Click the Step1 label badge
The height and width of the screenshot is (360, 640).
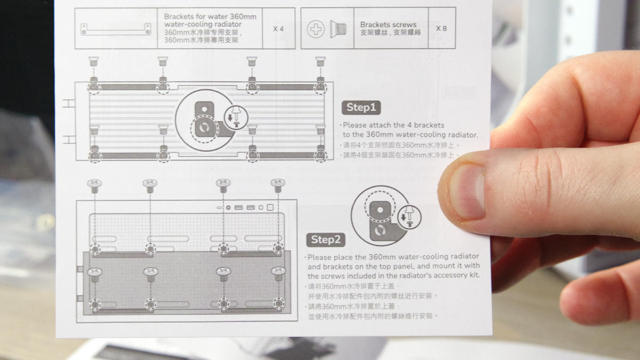tap(361, 107)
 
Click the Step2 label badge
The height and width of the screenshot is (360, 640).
tap(326, 239)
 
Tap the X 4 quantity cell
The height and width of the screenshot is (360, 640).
tap(278, 29)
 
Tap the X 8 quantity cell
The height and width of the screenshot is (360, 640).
tap(442, 28)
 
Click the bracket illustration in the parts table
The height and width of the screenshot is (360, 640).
tap(116, 29)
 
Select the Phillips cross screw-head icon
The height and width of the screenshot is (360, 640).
tap(316, 29)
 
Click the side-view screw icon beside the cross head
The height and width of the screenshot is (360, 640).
tap(338, 29)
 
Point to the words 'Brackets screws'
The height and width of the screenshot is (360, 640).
tap(388, 25)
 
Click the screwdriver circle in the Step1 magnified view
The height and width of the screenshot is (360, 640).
tap(236, 117)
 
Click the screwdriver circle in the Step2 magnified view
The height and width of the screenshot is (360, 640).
tap(409, 217)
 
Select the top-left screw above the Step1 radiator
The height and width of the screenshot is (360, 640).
tap(93, 61)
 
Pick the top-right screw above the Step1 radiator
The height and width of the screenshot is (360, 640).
tap(321, 61)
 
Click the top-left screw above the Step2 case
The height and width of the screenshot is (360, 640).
tap(94, 186)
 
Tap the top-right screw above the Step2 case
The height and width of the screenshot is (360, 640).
tap(278, 186)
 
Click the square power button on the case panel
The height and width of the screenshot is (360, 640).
tap(270, 207)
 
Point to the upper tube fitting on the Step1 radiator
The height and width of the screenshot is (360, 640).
tap(69, 103)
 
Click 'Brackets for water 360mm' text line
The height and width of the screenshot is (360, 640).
tap(210, 17)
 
